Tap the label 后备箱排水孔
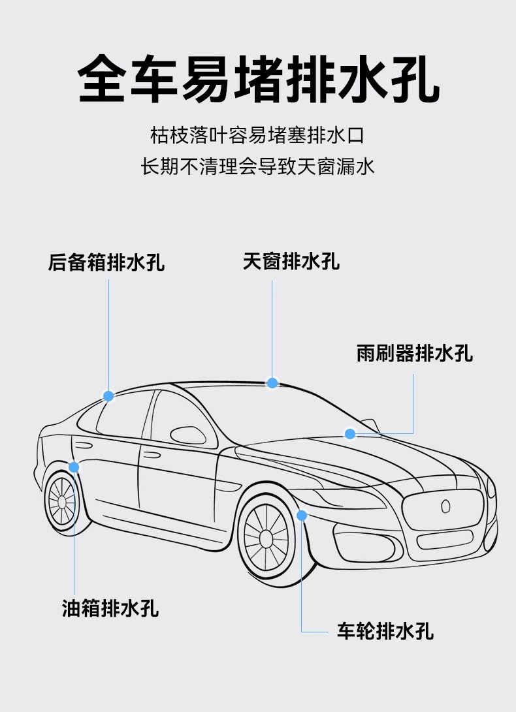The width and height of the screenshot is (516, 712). [106, 263]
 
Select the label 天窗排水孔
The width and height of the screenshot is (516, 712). [291, 262]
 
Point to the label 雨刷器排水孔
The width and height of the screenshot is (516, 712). [415, 353]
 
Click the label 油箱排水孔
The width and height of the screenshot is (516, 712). [110, 609]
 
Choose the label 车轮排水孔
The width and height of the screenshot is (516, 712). [385, 631]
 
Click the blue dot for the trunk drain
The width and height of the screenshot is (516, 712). [108, 395]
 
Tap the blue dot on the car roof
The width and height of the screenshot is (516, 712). [272, 383]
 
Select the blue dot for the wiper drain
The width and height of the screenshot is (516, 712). [350, 433]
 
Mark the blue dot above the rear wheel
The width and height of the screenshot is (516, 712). [74, 467]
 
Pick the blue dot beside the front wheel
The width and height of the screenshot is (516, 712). [302, 516]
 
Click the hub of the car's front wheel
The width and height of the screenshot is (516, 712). [266, 538]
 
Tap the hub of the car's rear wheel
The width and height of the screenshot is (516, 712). [63, 501]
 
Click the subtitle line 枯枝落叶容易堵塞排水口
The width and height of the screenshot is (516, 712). [257, 136]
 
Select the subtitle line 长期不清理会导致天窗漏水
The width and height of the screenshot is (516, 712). [258, 166]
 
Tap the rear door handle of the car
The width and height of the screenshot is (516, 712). [84, 446]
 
